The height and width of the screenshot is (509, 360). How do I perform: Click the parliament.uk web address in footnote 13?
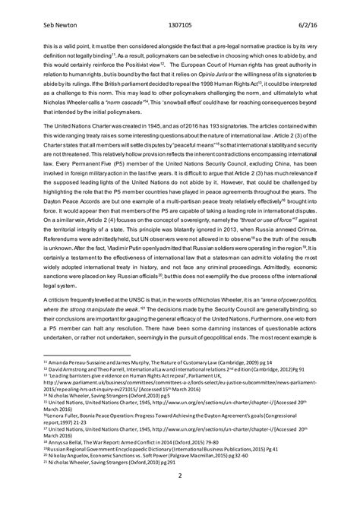182,407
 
